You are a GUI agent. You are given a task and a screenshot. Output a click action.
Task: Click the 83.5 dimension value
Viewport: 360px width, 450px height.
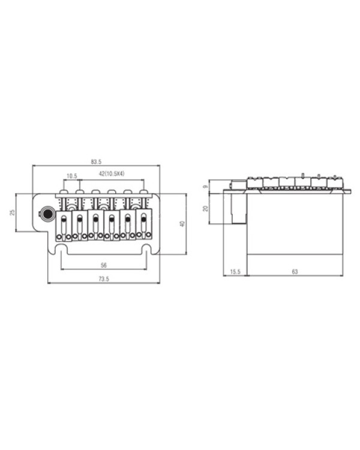click(96, 162)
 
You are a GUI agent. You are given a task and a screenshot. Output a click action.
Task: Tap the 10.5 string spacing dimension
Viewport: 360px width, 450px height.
click(72, 176)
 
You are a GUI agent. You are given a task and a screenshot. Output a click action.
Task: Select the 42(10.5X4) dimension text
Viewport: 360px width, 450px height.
click(112, 173)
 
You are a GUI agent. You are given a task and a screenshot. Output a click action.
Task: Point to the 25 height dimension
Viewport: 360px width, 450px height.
click(12, 212)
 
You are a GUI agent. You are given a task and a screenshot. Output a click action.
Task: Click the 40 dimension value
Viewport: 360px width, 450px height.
click(182, 224)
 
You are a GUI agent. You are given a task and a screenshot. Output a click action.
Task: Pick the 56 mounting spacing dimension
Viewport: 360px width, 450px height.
click(104, 265)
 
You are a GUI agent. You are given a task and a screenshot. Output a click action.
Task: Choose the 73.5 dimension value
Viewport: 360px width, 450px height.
click(104, 278)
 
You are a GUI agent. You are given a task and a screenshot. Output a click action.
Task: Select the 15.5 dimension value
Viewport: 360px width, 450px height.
click(235, 271)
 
